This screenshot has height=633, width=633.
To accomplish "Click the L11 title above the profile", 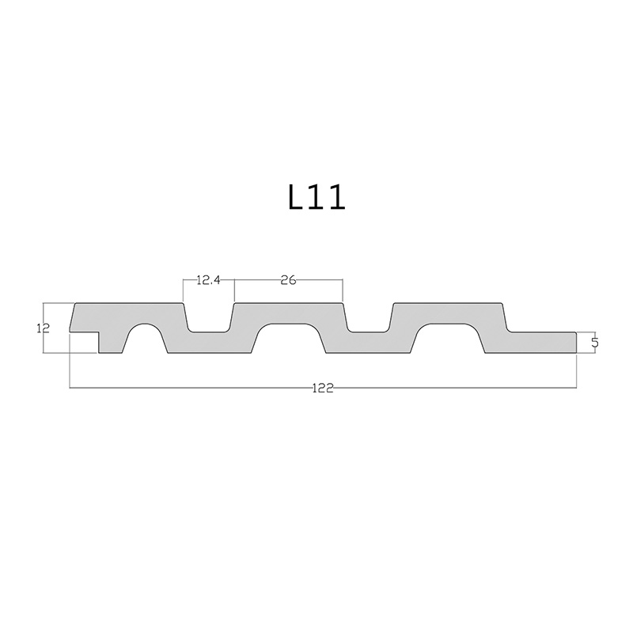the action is (x=317, y=198).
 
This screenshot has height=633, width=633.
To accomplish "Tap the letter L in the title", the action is (x=297, y=198).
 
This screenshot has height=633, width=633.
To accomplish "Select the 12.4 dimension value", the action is (x=208, y=280).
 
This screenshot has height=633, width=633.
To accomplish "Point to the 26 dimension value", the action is (x=288, y=280).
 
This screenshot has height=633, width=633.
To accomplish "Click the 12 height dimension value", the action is (x=43, y=328).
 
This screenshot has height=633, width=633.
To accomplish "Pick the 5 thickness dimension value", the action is (x=595, y=343).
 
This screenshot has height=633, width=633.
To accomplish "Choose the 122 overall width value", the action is (x=323, y=388).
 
